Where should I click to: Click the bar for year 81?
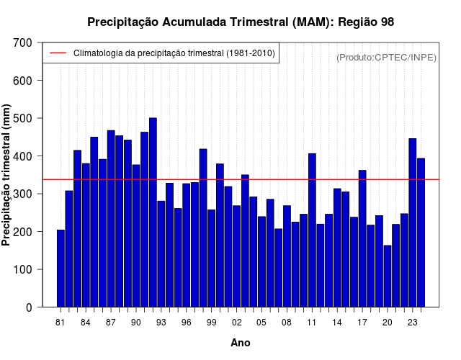(x=61, y=269)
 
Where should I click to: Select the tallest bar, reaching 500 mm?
(x=153, y=212)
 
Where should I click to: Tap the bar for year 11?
(x=312, y=230)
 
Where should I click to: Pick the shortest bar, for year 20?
(x=388, y=276)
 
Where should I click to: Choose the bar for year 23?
(x=413, y=222)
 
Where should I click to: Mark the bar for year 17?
(x=362, y=238)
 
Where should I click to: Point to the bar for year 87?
(x=111, y=219)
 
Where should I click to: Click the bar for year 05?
(x=261, y=262)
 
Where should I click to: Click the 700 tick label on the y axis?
(x=22, y=43)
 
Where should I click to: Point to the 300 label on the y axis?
(x=22, y=194)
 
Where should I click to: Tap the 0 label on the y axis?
(x=29, y=307)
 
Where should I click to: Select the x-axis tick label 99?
(x=211, y=323)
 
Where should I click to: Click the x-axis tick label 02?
(x=237, y=323)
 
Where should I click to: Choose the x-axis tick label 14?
(x=337, y=323)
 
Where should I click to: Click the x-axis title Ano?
(x=240, y=343)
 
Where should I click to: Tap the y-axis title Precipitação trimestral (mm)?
(x=6, y=175)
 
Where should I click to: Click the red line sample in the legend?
(x=58, y=53)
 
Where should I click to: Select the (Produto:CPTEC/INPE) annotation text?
(x=386, y=58)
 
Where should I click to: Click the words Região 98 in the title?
(x=366, y=22)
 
